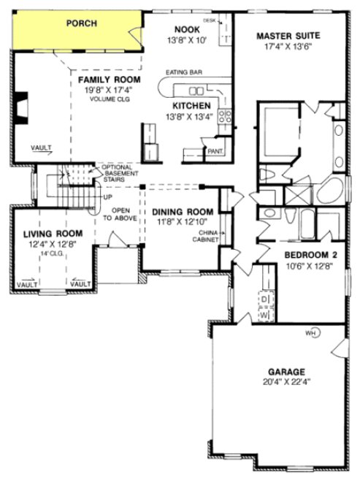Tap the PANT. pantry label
coord(215,151)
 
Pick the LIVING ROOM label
coord(52,234)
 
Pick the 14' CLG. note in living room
coord(52,253)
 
